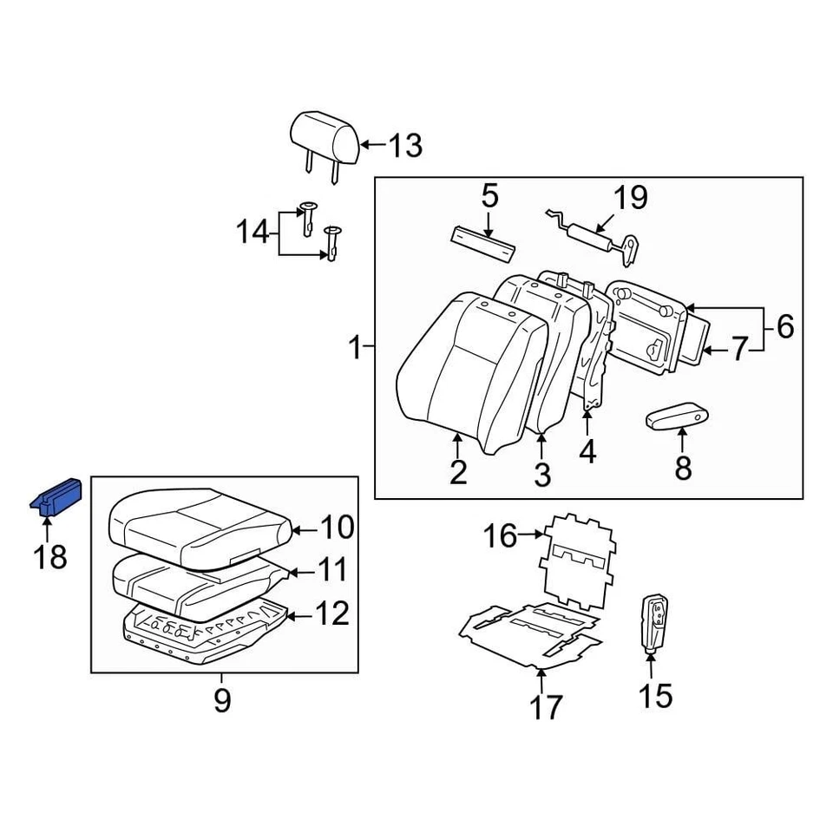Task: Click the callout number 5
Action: click(x=490, y=196)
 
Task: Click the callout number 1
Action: click(x=354, y=349)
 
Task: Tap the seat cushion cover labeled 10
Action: click(x=195, y=524)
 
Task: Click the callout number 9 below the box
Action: click(x=222, y=699)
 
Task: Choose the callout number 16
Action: click(x=500, y=536)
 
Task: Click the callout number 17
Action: click(x=546, y=707)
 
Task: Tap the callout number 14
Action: click(x=253, y=233)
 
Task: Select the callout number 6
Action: click(x=784, y=327)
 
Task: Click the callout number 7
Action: click(x=738, y=350)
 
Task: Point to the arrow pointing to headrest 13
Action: click(x=371, y=144)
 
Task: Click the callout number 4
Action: click(x=587, y=451)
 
